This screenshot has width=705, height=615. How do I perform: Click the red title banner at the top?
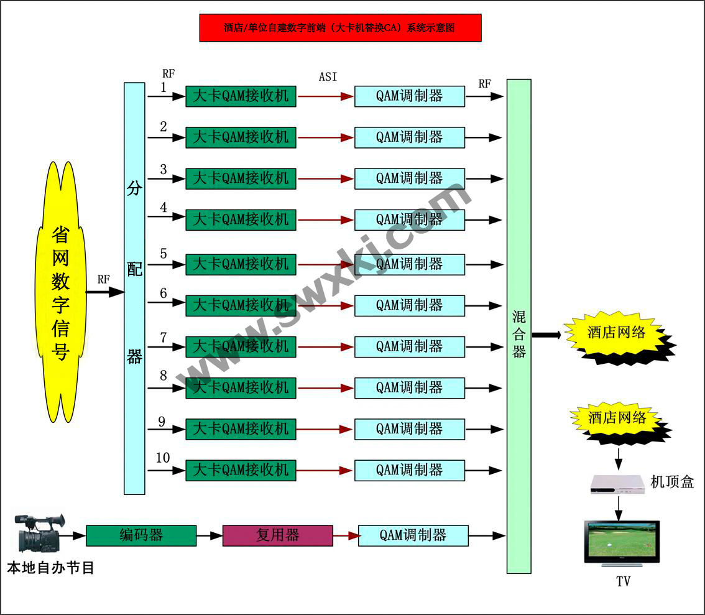tap(340, 27)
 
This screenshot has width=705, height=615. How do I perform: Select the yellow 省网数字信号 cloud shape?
tap(60, 293)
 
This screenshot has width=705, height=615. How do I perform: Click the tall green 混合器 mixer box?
tap(518, 326)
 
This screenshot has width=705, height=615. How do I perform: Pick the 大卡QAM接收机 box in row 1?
tap(241, 96)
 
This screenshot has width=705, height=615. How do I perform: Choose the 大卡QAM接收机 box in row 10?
tap(241, 470)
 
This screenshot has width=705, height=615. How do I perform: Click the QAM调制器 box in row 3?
tap(409, 178)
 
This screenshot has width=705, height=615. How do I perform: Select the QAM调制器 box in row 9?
tap(409, 429)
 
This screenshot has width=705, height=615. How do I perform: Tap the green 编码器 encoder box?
tap(141, 535)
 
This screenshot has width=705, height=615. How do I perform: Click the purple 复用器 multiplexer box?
tap(277, 535)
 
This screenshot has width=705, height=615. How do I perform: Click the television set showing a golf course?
tap(622, 542)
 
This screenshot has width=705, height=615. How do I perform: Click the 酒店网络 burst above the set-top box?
tap(617, 420)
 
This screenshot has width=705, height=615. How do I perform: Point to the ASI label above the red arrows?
tap(328, 76)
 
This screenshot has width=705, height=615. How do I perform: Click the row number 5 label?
tap(164, 254)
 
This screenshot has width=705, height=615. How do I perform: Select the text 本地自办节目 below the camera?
tap(50, 568)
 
